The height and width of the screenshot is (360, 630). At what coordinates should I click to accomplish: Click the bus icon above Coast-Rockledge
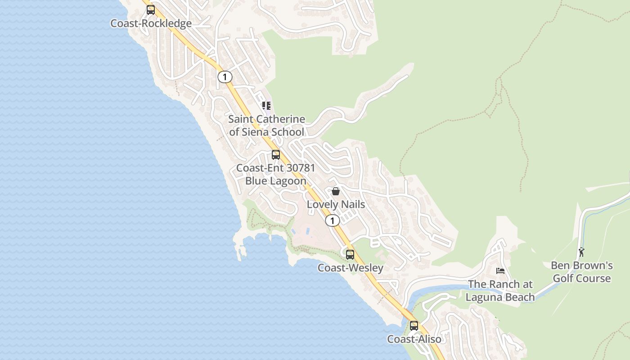tap(151, 10)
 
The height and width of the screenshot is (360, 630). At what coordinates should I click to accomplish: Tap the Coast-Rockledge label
tap(151, 23)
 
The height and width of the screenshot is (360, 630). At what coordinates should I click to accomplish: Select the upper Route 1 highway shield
tap(225, 77)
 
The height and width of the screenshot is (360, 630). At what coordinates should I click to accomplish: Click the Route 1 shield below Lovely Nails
tap(333, 220)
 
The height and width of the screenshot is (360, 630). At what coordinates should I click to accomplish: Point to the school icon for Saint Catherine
tap(266, 106)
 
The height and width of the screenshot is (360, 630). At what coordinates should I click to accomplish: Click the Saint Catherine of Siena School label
tap(266, 126)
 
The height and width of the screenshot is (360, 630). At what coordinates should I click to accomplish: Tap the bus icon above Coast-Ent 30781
tap(276, 155)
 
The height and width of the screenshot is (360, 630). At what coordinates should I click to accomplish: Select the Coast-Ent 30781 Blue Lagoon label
tap(275, 174)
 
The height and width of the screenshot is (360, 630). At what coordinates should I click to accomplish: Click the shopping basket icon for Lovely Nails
tap(336, 191)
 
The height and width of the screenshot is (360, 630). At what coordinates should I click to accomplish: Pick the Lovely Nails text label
tap(336, 204)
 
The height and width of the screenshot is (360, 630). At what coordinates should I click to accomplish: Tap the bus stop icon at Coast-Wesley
tap(350, 254)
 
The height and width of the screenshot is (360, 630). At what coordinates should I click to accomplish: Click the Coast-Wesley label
tap(351, 268)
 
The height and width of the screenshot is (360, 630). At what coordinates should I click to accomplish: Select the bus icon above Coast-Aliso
tap(414, 325)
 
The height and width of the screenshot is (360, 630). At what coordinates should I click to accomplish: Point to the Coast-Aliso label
tap(414, 339)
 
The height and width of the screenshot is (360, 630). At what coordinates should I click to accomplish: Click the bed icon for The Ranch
tap(500, 271)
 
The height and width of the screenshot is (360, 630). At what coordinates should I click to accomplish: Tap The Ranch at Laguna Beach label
tap(500, 291)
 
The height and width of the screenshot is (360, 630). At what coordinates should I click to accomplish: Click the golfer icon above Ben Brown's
tap(581, 252)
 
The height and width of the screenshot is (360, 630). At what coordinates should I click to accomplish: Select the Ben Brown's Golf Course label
tap(582, 272)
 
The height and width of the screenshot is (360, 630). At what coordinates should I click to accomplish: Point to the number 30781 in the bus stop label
tap(297, 168)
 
